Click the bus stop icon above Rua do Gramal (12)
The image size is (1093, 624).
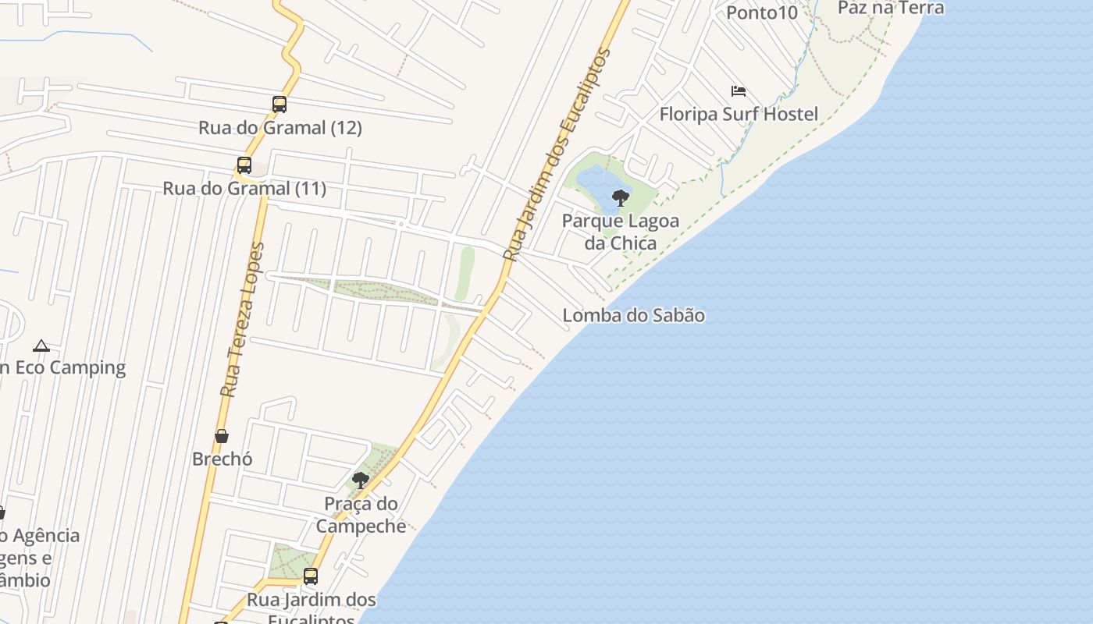tap(279, 105)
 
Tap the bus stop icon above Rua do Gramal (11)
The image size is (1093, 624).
tap(244, 165)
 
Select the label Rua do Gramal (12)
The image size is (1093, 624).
tap(279, 128)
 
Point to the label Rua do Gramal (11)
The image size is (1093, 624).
tap(244, 189)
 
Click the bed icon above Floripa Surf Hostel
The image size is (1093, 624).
tap(739, 91)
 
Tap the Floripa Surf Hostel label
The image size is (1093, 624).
tap(739, 115)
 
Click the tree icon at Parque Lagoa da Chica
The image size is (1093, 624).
tap(621, 197)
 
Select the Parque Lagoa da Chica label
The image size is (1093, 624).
tap(621, 232)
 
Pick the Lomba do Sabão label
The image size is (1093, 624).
tap(633, 315)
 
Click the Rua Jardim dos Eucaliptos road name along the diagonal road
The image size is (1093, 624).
tap(557, 155)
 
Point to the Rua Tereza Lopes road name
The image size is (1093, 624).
tap(242, 320)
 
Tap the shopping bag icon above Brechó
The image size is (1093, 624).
tap(222, 436)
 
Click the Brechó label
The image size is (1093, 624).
tap(222, 459)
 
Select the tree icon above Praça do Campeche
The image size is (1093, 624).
tap(360, 480)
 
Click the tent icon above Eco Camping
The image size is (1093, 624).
tap(41, 346)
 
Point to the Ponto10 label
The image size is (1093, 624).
tap(762, 12)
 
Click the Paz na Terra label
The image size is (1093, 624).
tap(890, 8)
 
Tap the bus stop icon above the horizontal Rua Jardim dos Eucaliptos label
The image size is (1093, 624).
tap(311, 576)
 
